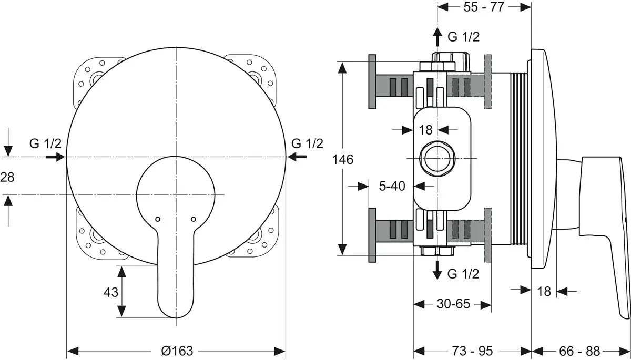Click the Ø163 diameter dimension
pos(177,351)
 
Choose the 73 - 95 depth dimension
pos(472,351)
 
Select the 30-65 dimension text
pos(453,304)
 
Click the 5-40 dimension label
pos(392,186)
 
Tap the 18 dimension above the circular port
pos(425,129)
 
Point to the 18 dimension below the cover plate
pos(544,290)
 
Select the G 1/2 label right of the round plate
pos(307,143)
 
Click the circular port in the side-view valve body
pos(435,159)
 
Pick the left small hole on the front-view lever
pos(157,219)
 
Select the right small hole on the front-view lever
pos(193,219)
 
